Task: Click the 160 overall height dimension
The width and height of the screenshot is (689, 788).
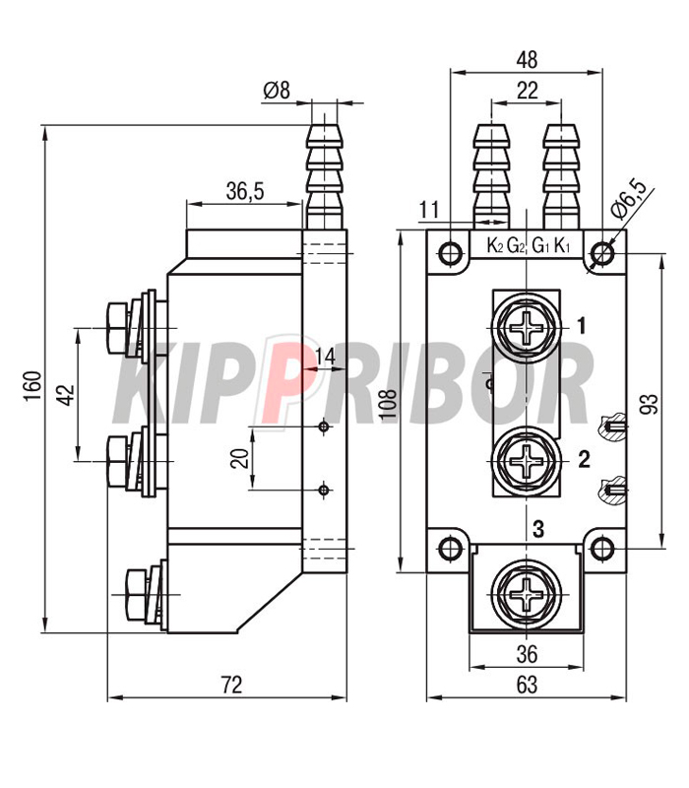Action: coord(32,386)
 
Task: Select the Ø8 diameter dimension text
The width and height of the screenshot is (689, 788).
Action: coord(277,91)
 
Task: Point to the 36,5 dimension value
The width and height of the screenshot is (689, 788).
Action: coord(244,191)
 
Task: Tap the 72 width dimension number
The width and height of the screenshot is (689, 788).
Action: coord(231,685)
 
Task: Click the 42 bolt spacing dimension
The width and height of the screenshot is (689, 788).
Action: coord(65,395)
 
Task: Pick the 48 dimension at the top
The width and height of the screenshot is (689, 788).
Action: coord(527,60)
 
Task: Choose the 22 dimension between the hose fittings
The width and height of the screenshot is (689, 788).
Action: coord(527,91)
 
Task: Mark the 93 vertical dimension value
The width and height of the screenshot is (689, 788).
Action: coord(650,404)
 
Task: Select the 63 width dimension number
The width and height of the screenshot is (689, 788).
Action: coord(527,685)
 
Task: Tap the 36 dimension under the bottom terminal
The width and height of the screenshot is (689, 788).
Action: coord(527,654)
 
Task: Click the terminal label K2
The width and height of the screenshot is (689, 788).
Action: coord(495,246)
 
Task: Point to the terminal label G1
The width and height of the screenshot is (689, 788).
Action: coord(540,246)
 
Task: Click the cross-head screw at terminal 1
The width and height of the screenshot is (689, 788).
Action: coord(527,328)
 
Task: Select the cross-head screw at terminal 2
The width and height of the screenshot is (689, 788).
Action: coord(527,460)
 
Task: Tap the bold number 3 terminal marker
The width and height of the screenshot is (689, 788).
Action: coord(537,529)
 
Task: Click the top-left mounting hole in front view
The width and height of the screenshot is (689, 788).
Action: coord(450,253)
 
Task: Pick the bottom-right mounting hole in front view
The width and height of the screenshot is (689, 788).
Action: coord(601,549)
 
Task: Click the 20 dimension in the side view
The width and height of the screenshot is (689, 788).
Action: coord(240,458)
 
